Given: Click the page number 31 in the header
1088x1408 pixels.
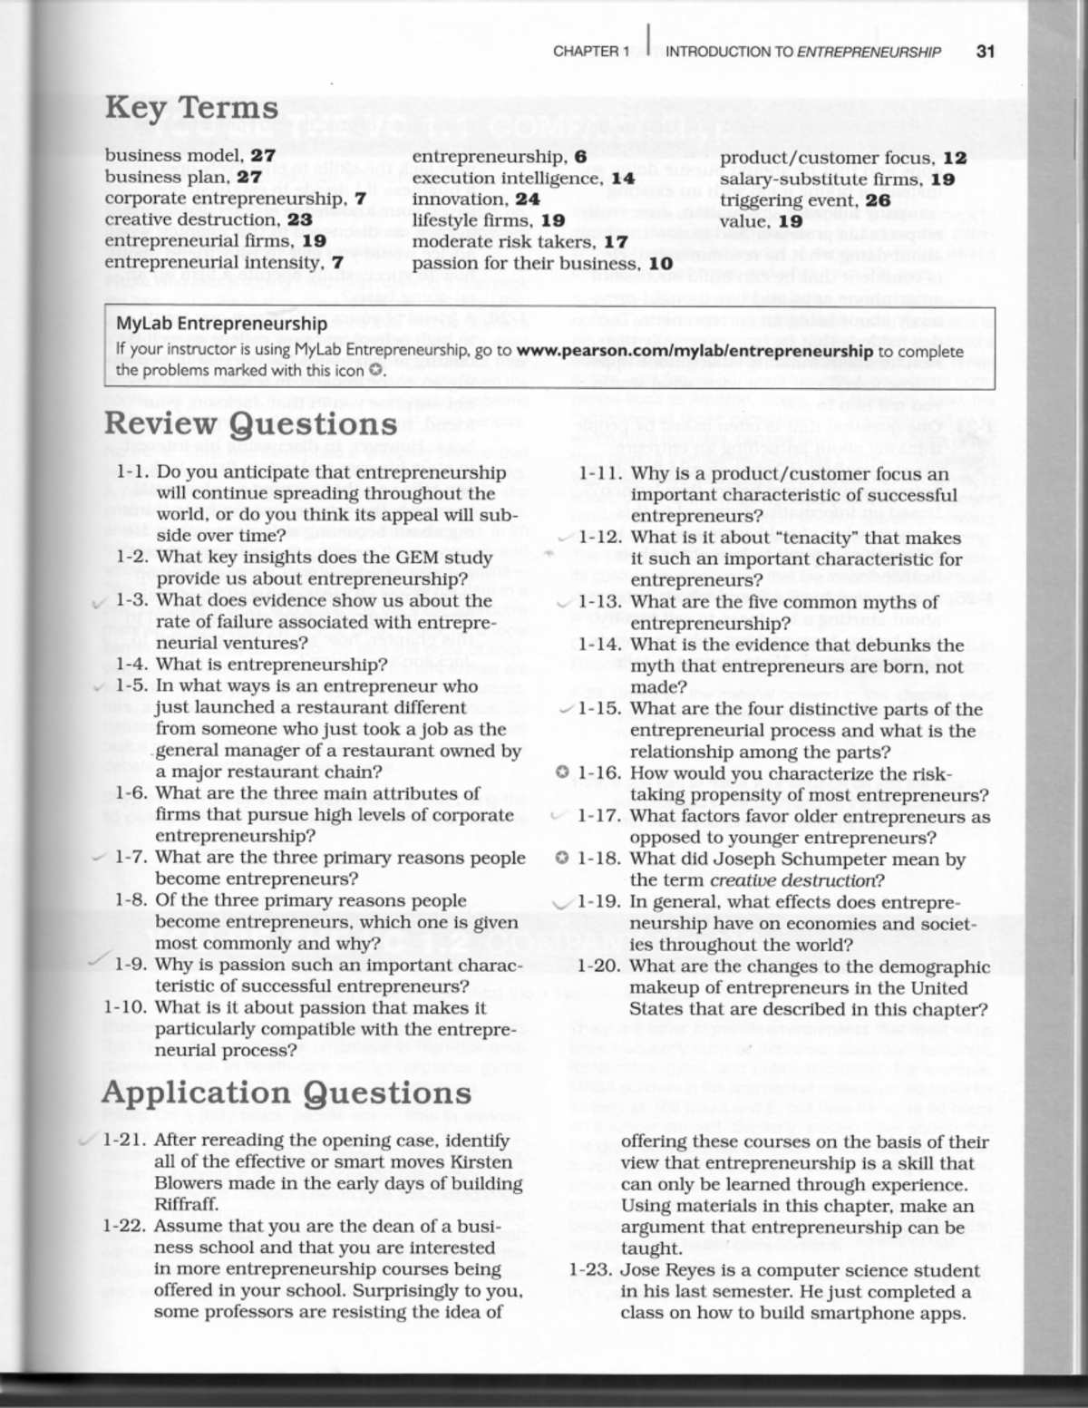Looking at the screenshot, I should click(985, 52).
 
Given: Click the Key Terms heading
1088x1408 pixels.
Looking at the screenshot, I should click(191, 108).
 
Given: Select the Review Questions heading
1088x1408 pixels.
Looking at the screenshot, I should click(250, 423).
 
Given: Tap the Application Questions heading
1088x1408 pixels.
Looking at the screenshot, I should click(287, 1092).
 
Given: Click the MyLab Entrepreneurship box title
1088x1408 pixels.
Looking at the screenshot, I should click(221, 324).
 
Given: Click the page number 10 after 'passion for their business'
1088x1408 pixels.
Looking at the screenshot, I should click(660, 264).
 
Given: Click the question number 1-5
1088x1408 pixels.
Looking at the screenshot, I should click(132, 686).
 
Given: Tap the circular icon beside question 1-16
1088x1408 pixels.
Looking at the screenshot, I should click(562, 773).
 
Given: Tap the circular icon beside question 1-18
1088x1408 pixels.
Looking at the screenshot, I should click(562, 859).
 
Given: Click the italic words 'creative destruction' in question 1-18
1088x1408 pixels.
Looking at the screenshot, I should click(793, 880).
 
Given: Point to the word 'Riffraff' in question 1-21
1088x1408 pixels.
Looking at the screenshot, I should click(186, 1205).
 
